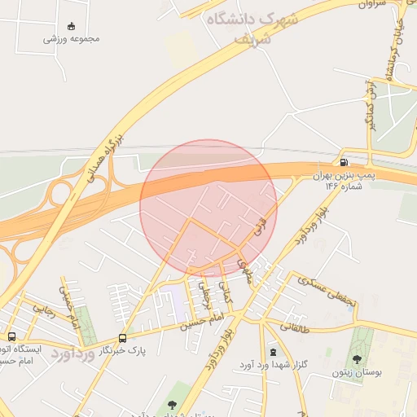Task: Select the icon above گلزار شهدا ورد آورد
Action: tap(272, 352)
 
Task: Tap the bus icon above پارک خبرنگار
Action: tap(122, 338)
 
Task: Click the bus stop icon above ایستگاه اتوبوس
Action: tap(11, 336)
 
